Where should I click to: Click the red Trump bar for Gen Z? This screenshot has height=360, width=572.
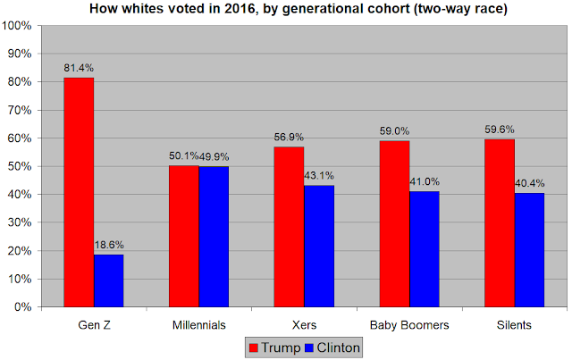click(79, 192)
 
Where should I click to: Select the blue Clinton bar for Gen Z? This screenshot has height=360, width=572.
click(109, 280)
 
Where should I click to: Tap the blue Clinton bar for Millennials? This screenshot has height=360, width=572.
click(214, 237)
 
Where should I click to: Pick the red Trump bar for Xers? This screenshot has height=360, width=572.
click(289, 227)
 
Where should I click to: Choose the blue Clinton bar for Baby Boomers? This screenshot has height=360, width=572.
click(425, 249)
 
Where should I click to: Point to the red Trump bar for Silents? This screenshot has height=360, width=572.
click(500, 223)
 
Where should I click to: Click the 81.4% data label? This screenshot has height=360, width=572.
click(79, 68)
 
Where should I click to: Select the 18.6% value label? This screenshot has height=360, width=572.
click(109, 245)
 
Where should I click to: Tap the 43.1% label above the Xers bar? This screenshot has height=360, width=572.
click(319, 176)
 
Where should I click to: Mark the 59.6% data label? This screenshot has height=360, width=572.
click(500, 130)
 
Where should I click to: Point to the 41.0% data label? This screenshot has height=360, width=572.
click(425, 181)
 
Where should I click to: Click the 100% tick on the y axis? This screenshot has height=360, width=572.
click(17, 26)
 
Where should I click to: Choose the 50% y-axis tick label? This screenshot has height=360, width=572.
click(20, 166)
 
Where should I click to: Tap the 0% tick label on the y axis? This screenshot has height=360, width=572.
click(22, 307)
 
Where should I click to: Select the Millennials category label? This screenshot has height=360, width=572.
click(199, 325)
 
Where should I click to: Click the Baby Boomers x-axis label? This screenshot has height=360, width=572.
click(409, 325)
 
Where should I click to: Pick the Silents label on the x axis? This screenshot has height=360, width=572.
click(514, 325)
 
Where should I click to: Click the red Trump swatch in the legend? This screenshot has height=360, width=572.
click(254, 347)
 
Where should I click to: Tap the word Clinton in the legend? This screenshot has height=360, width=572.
click(338, 347)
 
